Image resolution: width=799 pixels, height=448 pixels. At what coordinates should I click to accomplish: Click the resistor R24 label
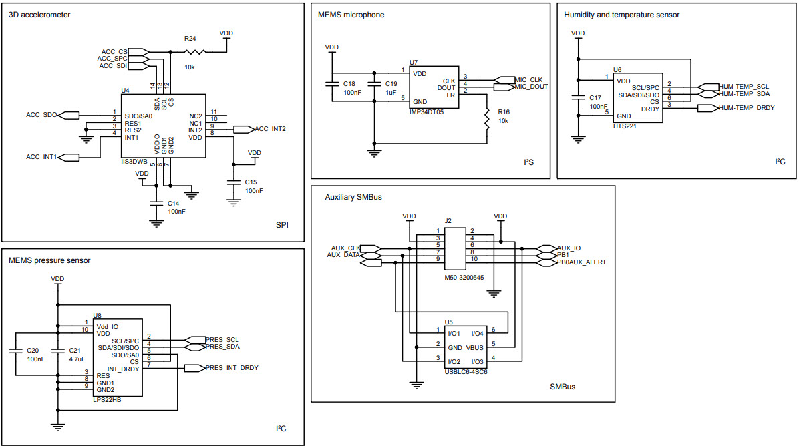pos(190,39)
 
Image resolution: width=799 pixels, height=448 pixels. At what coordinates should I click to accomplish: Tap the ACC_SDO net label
pos(41,115)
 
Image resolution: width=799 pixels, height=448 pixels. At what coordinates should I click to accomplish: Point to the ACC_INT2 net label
pos(271,129)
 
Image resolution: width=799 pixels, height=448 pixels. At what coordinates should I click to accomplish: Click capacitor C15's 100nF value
pos(254,191)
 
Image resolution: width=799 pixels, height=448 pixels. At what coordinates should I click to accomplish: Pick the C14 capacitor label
pos(173,203)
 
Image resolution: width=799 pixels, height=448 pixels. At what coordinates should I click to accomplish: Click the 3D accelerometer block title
pos(39,15)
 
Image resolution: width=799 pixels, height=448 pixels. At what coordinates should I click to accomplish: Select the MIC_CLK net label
pos(528,80)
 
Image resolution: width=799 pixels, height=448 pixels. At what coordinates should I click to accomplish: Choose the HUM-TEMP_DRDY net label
pos(746,107)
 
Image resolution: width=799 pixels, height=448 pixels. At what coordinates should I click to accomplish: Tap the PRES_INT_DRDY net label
pos(231,367)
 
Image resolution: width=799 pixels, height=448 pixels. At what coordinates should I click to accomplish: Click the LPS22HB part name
pos(107,399)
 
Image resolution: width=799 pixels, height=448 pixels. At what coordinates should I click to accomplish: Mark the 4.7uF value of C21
pos(76,359)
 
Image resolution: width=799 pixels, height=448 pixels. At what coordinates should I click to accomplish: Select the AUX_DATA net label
pos(343,254)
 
